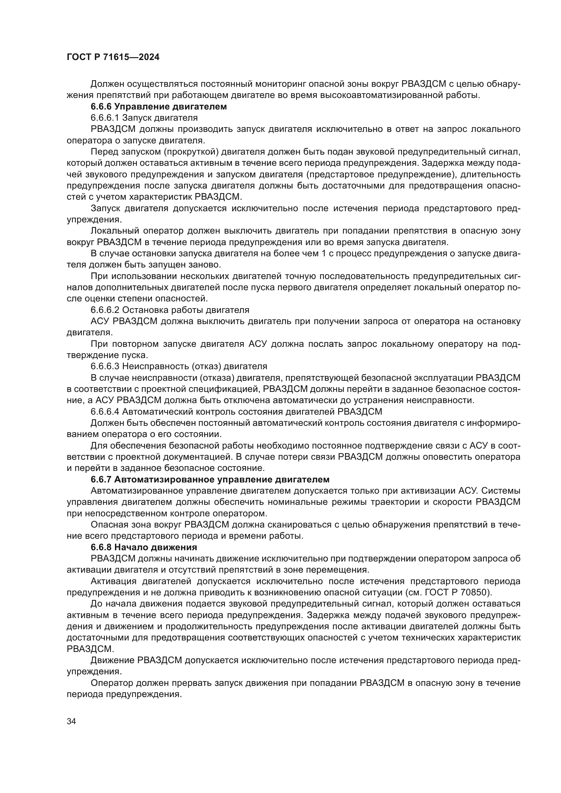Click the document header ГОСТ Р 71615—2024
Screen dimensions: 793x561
(x=113, y=57)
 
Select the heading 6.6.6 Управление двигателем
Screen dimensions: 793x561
(x=158, y=107)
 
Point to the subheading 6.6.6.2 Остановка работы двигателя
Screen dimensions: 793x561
(x=170, y=310)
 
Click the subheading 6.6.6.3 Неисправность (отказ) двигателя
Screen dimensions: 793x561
(x=179, y=366)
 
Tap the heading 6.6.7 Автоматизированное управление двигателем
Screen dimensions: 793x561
(x=210, y=479)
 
